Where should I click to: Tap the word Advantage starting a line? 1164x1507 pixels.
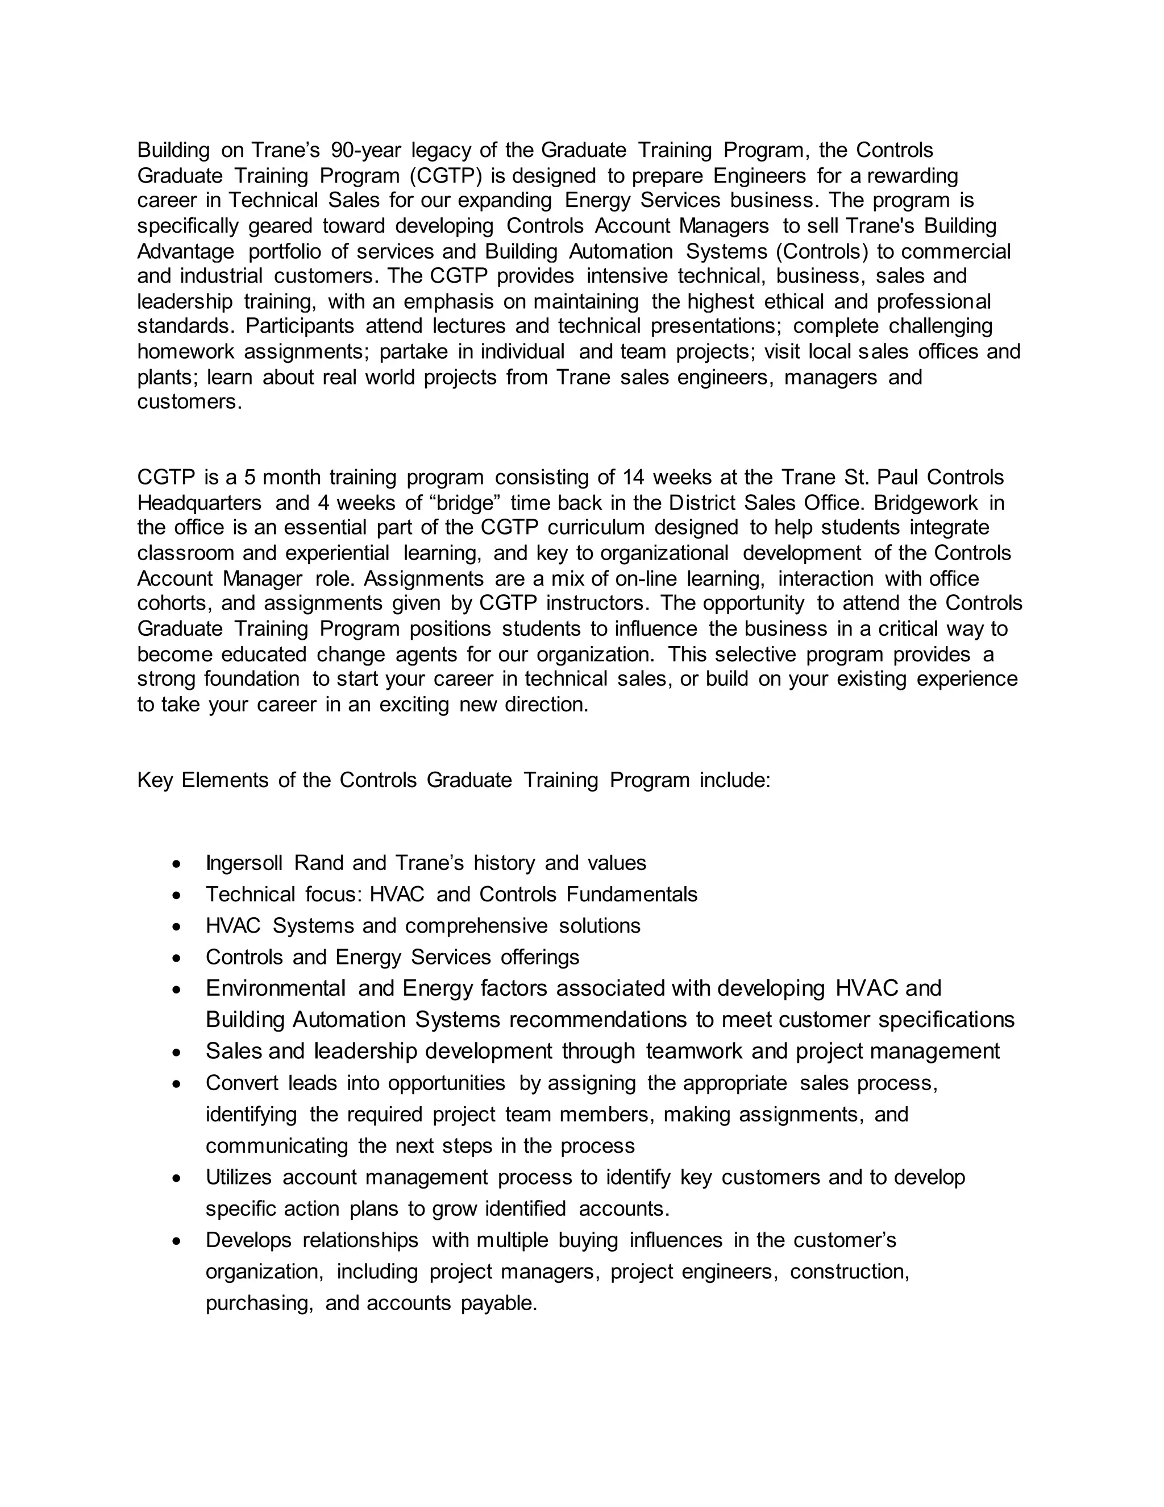(185, 251)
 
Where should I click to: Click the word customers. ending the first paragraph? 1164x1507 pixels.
(190, 401)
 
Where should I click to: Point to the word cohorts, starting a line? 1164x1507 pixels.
(175, 603)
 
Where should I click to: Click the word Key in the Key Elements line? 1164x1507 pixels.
(155, 780)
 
